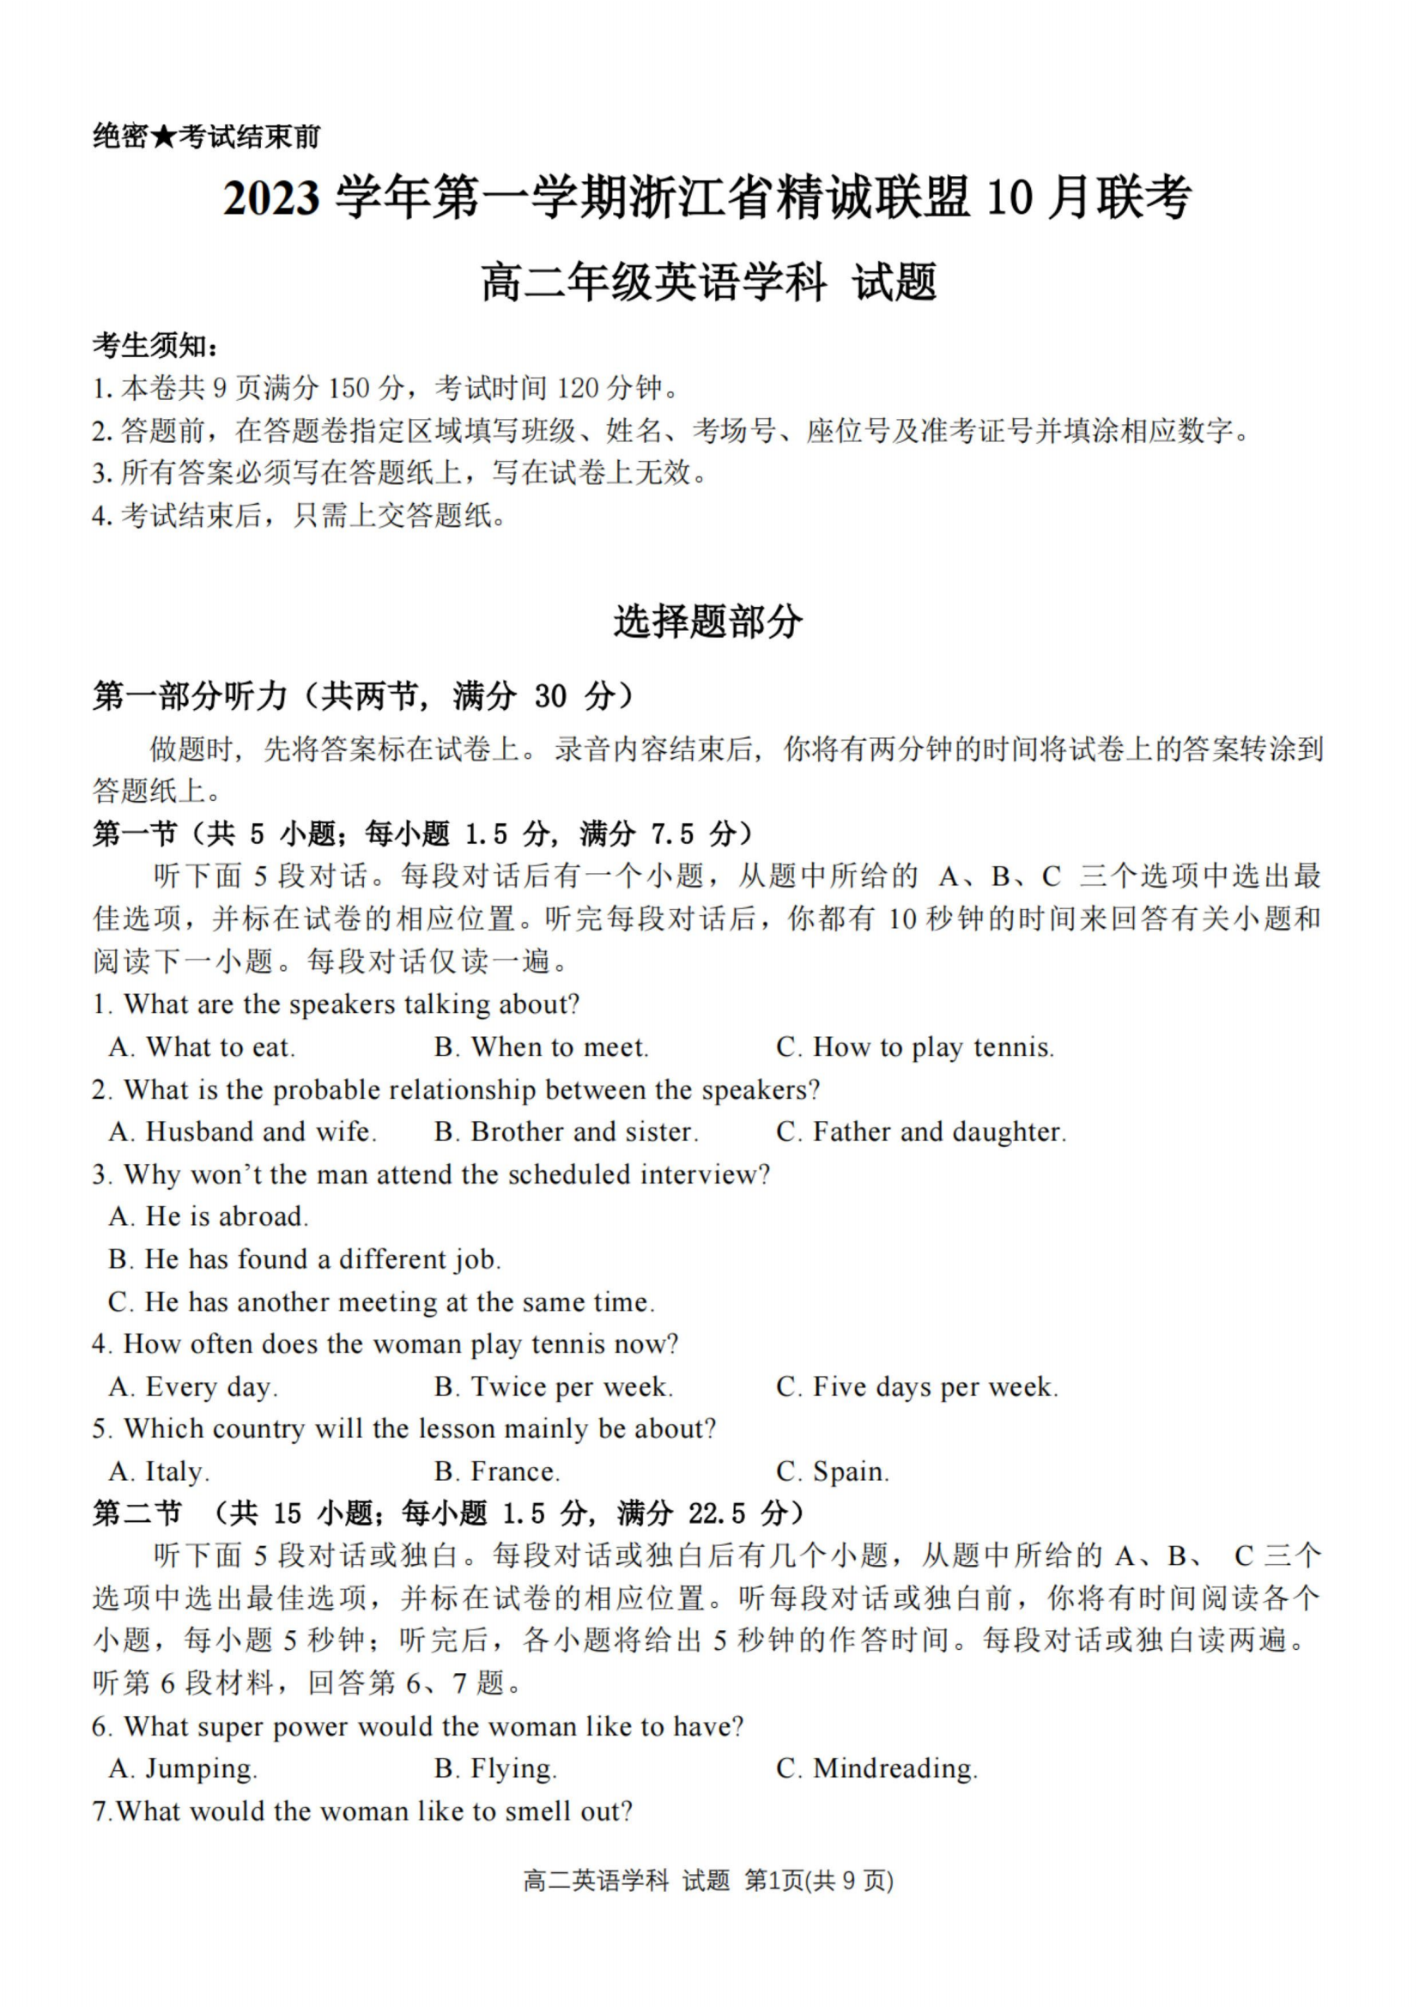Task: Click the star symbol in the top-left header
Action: pos(162,136)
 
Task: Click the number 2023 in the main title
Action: pos(271,197)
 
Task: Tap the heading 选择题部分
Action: pos(707,622)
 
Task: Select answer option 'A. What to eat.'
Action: pos(202,1047)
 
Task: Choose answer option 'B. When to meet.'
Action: pos(541,1047)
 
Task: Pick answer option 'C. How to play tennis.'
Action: pos(914,1047)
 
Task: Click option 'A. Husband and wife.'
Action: pos(242,1132)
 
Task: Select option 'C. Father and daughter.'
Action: pos(920,1132)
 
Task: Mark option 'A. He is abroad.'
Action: pos(208,1216)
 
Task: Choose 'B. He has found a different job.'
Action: pos(304,1259)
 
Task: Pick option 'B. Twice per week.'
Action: pos(554,1387)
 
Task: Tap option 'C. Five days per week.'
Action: pos(916,1387)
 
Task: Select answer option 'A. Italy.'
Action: pos(159,1472)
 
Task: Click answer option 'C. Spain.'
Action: pos(832,1472)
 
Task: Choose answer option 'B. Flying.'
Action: pos(494,1769)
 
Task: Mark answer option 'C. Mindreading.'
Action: pos(876,1769)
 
